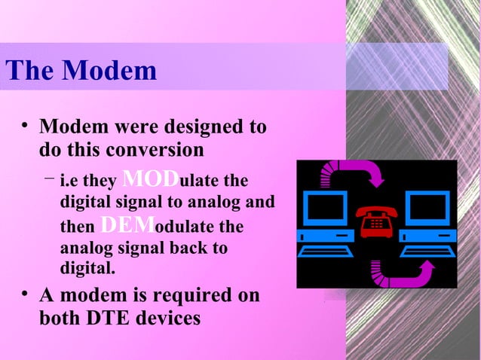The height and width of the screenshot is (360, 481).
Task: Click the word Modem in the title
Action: click(109, 72)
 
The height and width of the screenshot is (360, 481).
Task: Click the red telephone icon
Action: click(375, 223)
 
